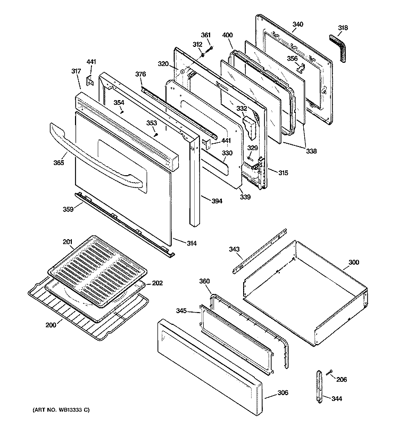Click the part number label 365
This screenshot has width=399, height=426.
[x=58, y=162]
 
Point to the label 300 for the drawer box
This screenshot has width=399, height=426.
[x=353, y=263]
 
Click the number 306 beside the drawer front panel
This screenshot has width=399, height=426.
[x=283, y=393]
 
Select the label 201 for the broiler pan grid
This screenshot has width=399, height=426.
[x=67, y=242]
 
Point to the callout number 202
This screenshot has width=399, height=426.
[x=157, y=283]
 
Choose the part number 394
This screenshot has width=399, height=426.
[x=217, y=201]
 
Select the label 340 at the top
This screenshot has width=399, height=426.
[x=298, y=24]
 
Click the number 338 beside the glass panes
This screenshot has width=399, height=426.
[x=311, y=151]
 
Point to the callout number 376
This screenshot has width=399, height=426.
[x=140, y=74]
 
